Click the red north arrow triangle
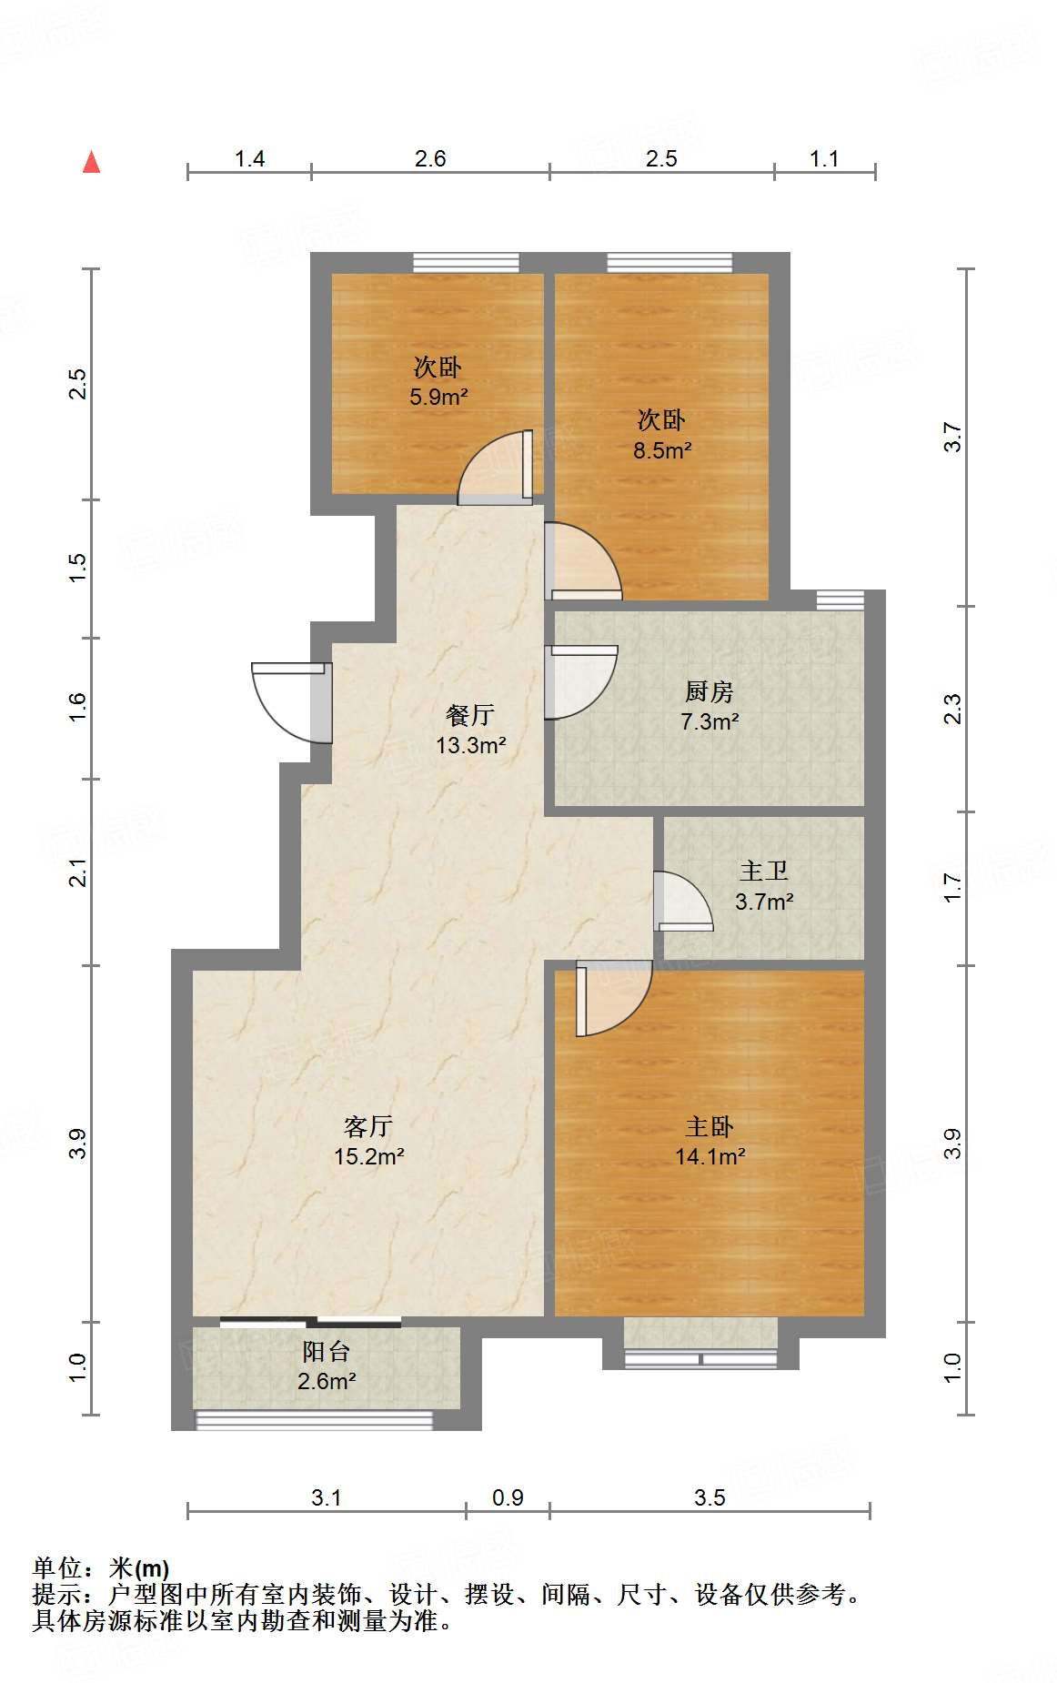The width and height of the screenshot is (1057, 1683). (91, 163)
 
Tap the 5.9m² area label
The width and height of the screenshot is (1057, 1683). (438, 397)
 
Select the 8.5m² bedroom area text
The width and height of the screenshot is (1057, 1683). (662, 449)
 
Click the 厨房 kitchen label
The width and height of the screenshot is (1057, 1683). (709, 691)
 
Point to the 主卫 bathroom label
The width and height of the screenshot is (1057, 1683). (763, 871)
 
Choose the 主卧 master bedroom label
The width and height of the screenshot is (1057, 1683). (709, 1126)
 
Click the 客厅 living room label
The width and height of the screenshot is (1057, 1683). (368, 1126)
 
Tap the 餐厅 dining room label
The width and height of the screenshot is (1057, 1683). (469, 714)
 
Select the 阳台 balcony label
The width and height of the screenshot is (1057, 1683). (326, 1351)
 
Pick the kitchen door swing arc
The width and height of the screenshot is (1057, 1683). (582, 682)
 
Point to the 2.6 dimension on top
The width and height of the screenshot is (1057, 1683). (430, 158)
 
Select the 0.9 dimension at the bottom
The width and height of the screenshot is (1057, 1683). (508, 1497)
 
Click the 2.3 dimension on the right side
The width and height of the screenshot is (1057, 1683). (951, 709)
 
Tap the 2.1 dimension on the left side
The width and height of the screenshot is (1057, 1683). (79, 872)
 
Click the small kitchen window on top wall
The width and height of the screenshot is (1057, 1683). (840, 600)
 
